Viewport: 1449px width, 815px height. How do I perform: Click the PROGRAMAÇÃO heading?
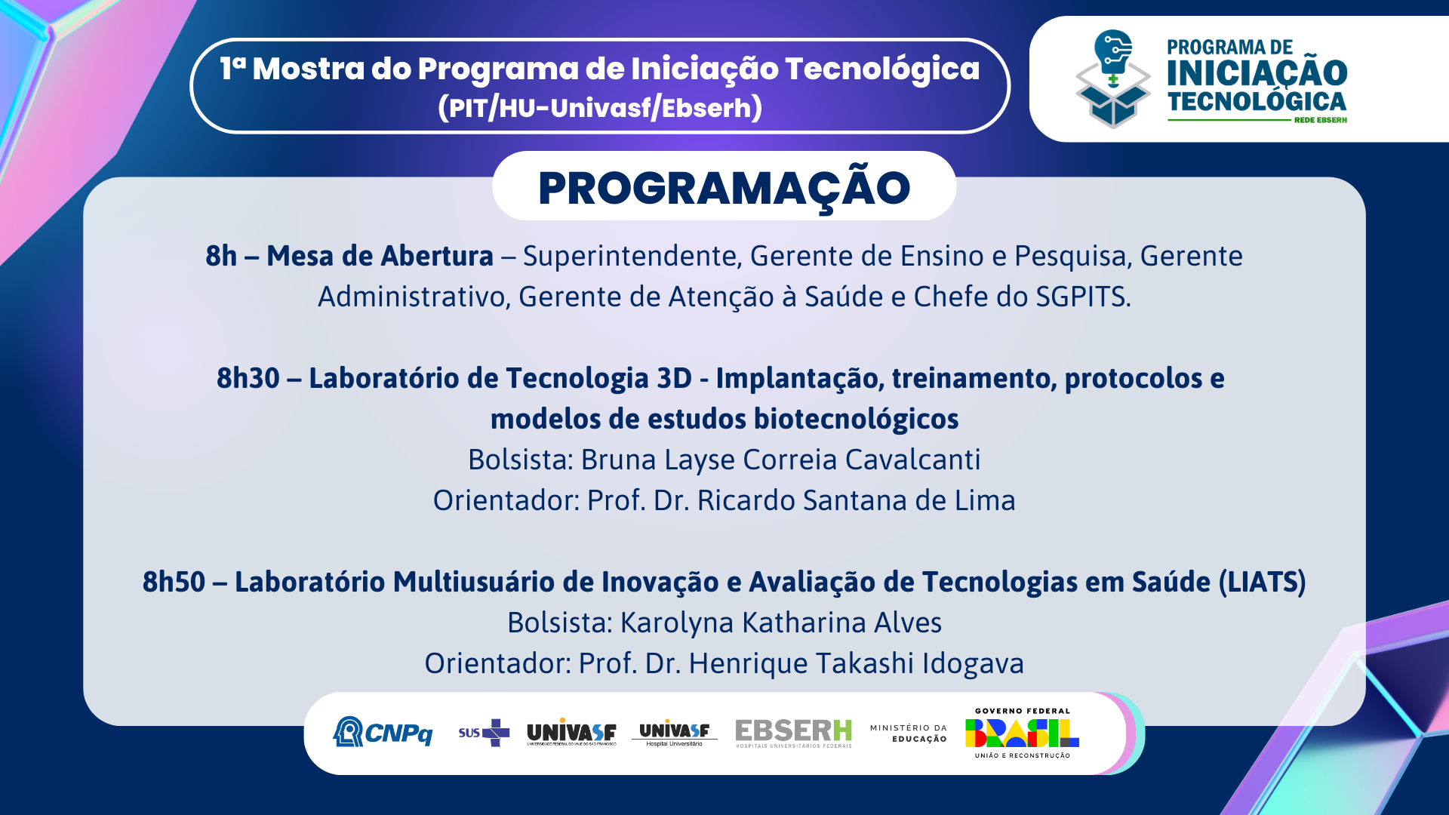[x=724, y=187]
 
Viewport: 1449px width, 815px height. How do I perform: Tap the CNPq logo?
[x=383, y=731]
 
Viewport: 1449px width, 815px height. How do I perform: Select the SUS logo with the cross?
[x=484, y=733]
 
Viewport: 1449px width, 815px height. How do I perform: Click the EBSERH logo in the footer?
[x=794, y=733]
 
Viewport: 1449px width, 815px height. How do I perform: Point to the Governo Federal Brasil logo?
[x=1022, y=733]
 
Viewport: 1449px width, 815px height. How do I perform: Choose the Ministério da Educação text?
[x=908, y=733]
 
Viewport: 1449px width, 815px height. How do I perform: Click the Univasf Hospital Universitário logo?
[x=674, y=733]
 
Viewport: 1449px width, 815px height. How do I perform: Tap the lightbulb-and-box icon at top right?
[x=1113, y=78]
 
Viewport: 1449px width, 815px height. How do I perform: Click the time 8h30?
[x=248, y=378]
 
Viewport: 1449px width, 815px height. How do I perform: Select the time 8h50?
[x=174, y=582]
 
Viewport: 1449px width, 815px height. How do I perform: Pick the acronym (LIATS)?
[x=1262, y=582]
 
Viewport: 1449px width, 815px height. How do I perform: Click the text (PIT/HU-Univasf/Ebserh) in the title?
[x=600, y=108]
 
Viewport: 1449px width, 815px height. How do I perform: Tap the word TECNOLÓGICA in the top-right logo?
[x=1257, y=101]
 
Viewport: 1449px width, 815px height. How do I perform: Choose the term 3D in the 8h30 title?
[x=674, y=378]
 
